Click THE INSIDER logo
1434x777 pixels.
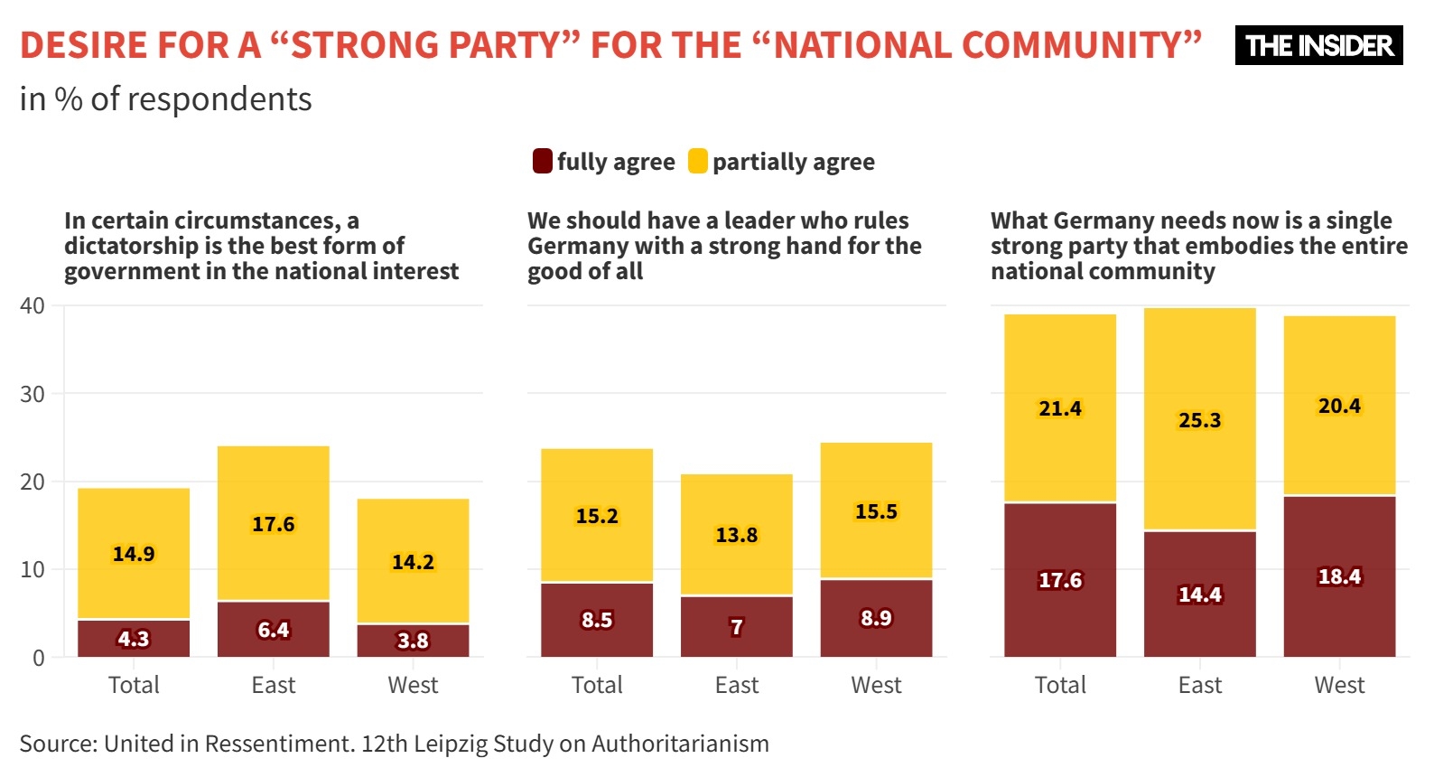pyautogui.click(x=1318, y=45)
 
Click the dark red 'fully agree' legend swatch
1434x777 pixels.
pyautogui.click(x=542, y=162)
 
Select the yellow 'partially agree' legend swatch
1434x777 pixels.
pyautogui.click(x=697, y=162)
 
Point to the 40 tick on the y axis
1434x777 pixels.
pyautogui.click(x=33, y=306)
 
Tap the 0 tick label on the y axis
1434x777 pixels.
pyautogui.click(x=39, y=658)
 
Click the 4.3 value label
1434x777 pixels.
pyautogui.click(x=134, y=639)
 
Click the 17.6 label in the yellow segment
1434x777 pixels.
pyautogui.click(x=274, y=524)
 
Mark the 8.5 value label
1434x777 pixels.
pyautogui.click(x=597, y=620)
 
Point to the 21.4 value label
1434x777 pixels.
pyautogui.click(x=1060, y=408)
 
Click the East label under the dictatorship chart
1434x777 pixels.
pyautogui.click(x=274, y=685)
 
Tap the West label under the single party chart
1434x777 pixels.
pyautogui.click(x=1339, y=685)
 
